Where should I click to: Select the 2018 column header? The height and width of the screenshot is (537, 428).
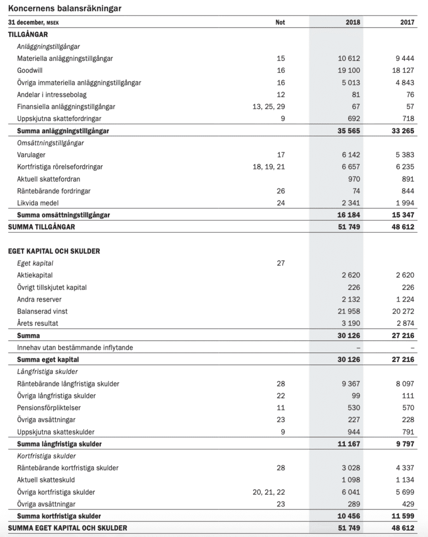353,23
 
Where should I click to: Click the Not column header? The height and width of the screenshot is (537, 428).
280,23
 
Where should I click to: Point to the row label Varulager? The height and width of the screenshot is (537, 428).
31,155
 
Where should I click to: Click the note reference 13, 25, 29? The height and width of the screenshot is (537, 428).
269,106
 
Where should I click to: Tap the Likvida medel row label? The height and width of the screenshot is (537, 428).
38,203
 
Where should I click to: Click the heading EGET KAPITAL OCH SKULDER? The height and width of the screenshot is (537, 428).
54,251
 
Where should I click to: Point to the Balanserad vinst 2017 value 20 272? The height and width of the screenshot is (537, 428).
401,311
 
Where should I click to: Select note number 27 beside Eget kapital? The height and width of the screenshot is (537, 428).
280,263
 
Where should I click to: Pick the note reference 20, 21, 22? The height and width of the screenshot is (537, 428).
269,492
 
